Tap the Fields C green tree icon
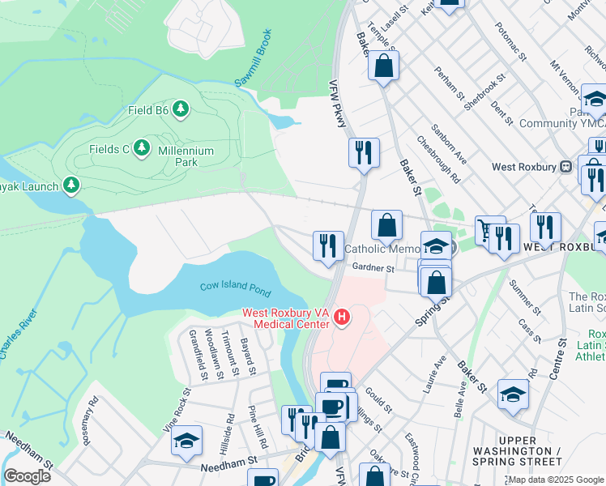click(143, 148)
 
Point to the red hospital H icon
click(342, 316)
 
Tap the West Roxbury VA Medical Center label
click(287, 318)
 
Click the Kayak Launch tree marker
click(72, 186)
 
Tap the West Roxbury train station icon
click(565, 167)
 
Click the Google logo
click(27, 475)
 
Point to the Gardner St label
click(373, 268)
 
